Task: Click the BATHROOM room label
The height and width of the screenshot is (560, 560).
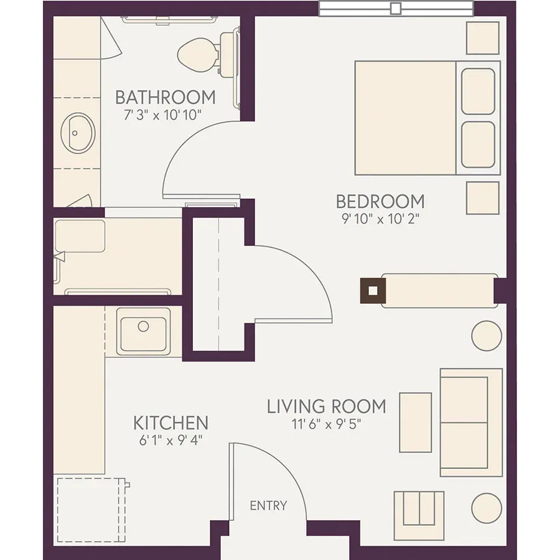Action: coord(166,98)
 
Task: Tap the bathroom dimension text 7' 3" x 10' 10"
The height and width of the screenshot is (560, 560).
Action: coord(163,115)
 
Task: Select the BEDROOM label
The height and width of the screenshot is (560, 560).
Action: coord(380,202)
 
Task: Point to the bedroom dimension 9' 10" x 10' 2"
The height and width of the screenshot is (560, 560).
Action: coord(380,218)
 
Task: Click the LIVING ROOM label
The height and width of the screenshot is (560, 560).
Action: coord(327,407)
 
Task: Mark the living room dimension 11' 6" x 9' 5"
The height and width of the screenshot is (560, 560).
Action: coord(327,424)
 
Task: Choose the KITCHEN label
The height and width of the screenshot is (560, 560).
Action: coord(170,423)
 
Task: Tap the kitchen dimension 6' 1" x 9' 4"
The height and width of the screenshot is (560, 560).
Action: coord(170,441)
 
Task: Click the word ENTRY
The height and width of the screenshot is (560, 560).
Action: coord(268,506)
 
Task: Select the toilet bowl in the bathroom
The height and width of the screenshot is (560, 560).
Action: coord(197,55)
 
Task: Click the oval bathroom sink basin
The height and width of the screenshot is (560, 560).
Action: coord(78,133)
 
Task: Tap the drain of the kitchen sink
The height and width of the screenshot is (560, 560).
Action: coord(143,326)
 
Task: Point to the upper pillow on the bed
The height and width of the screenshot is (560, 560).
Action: coord(478,92)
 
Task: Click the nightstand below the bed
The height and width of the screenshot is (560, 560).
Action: coord(482,198)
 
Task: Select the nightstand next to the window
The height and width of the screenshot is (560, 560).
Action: coord(482,38)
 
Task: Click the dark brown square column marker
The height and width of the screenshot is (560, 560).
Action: coord(373,291)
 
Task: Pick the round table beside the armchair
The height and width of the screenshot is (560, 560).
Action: coord(487,508)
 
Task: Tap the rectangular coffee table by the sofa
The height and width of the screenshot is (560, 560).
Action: coord(416,422)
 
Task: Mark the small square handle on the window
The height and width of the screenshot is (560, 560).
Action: coord(396,9)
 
